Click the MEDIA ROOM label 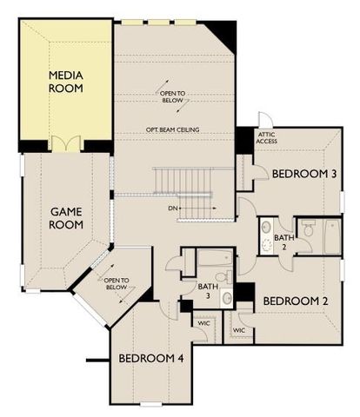click(x=67, y=82)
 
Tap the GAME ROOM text click(x=66, y=218)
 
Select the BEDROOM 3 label click(x=304, y=174)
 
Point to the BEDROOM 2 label click(x=295, y=301)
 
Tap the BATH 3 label click(x=206, y=291)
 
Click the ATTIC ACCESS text click(x=267, y=139)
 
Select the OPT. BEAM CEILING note click(x=173, y=130)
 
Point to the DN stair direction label click(x=174, y=209)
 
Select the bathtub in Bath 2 click(x=330, y=236)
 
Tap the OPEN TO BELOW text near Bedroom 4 click(x=116, y=285)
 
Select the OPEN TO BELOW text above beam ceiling click(x=173, y=96)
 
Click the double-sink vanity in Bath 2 click(x=264, y=235)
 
